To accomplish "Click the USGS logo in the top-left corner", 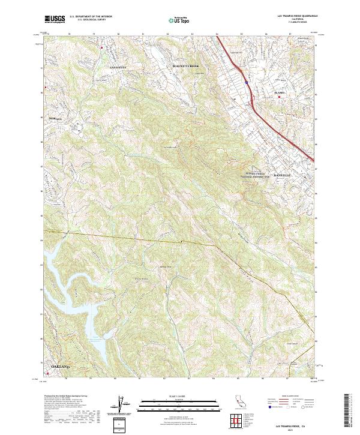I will click(x=55, y=20).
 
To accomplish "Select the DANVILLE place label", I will click(x=281, y=175).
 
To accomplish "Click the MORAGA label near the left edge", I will click(x=55, y=119).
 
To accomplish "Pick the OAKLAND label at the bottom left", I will click(x=61, y=365).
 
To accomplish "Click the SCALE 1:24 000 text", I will click(x=179, y=395).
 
